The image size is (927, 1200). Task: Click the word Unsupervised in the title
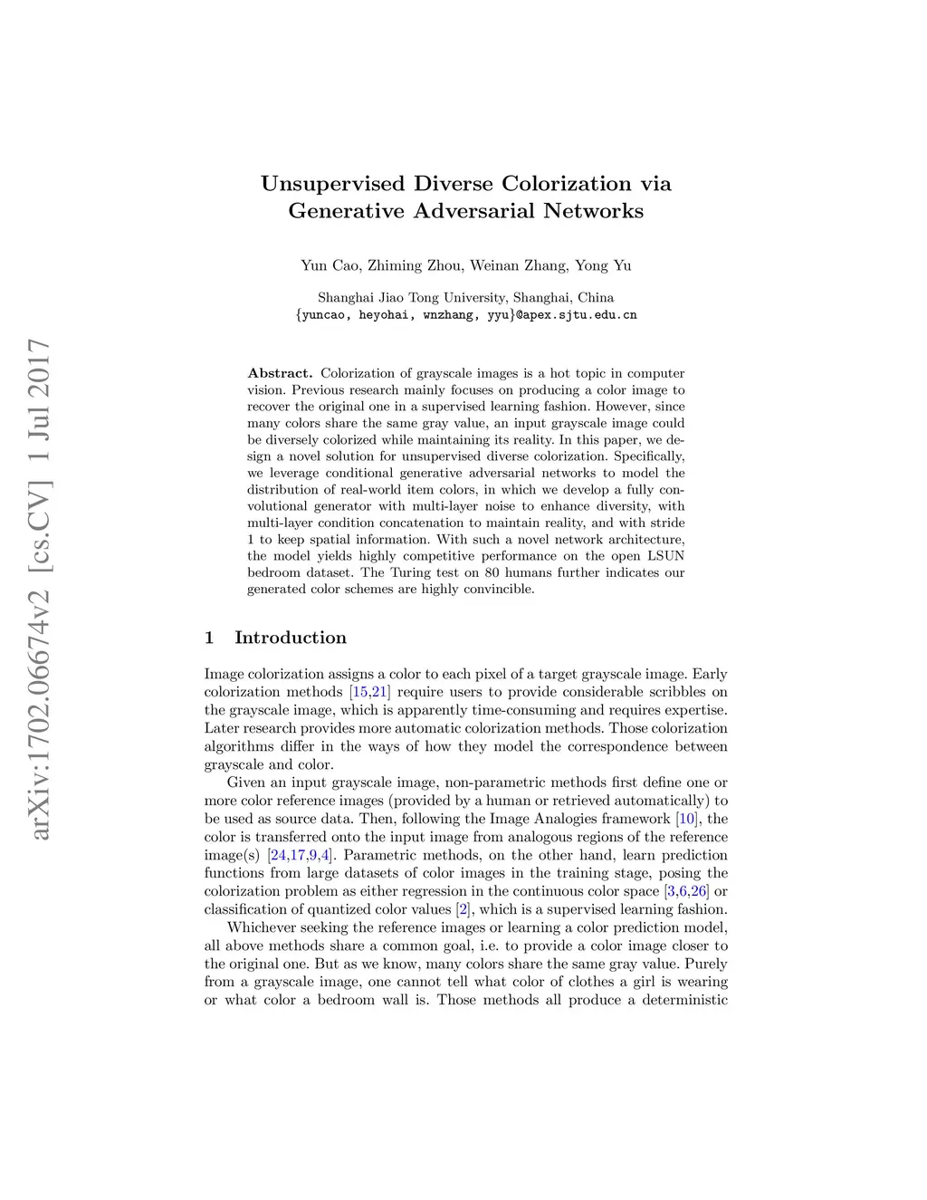click(332, 184)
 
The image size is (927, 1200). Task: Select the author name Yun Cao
click(330, 265)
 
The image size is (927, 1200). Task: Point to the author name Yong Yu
click(603, 265)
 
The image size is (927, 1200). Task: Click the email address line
click(466, 315)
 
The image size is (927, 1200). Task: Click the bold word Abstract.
click(280, 373)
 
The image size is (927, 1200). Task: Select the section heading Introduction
click(290, 638)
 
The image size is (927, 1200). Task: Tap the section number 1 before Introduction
click(209, 638)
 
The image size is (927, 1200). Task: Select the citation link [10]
click(687, 819)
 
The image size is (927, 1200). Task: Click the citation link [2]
click(463, 909)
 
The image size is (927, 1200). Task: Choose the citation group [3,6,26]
click(687, 891)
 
